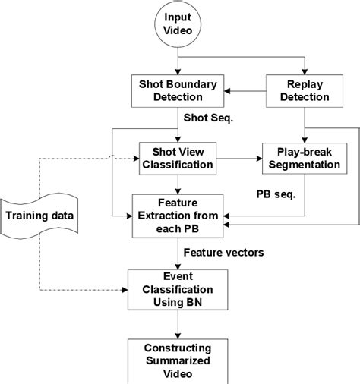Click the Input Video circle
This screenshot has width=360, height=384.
179,26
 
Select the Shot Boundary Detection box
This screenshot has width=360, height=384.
177,88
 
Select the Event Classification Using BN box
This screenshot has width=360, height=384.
177,289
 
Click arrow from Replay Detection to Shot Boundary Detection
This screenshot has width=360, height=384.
243,90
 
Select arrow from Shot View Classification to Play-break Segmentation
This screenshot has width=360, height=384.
238,160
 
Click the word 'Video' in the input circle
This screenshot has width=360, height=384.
179,33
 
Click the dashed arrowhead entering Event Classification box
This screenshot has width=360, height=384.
124,289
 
